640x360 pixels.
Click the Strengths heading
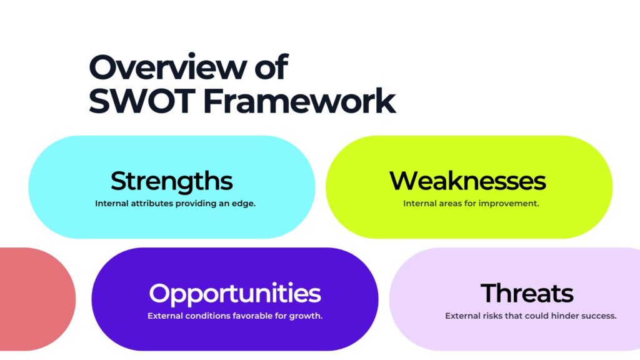point(172,181)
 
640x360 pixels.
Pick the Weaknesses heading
point(467,181)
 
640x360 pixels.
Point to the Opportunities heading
point(235,293)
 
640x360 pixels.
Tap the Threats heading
point(527,293)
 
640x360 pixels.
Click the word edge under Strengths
point(244,204)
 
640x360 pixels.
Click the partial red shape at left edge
point(34,299)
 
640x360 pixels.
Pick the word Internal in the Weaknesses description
point(419,204)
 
